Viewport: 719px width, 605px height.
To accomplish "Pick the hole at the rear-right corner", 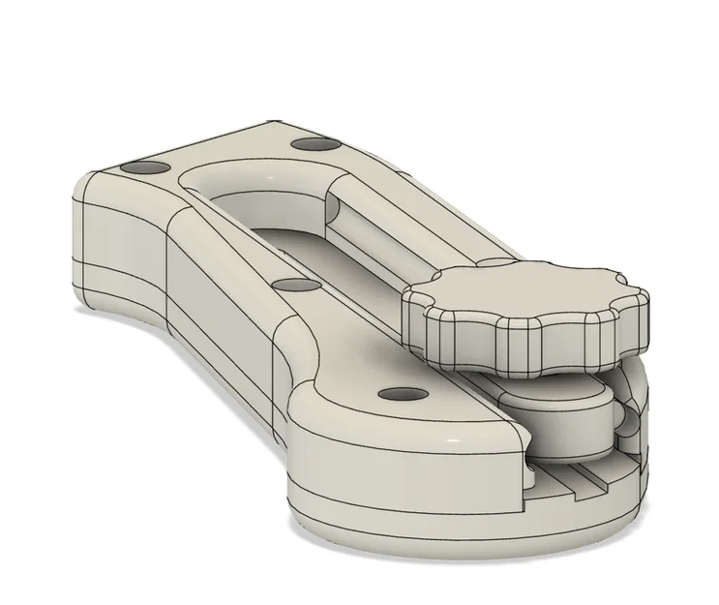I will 313,144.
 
